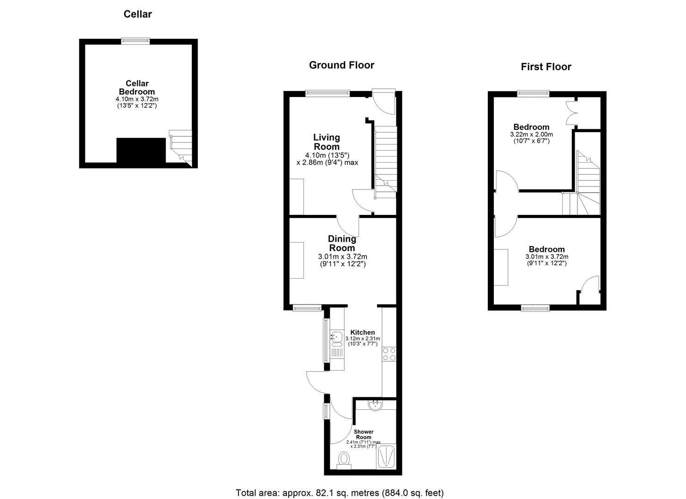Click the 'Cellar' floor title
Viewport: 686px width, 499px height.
(x=138, y=14)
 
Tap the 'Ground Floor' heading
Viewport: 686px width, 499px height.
(x=341, y=65)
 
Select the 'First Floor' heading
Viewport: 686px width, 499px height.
(x=546, y=67)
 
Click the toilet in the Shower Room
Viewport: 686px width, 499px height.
(x=344, y=460)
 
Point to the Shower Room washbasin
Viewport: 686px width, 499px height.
(x=376, y=406)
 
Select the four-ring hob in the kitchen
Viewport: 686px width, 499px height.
(x=389, y=354)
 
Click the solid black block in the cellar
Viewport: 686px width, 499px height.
(x=141, y=150)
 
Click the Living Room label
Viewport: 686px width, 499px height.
(x=327, y=142)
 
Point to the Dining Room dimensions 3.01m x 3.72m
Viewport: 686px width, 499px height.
(x=342, y=257)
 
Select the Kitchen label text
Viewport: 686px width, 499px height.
(x=363, y=332)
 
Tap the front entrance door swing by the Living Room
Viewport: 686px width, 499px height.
(x=383, y=102)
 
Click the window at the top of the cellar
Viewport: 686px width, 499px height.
(x=135, y=41)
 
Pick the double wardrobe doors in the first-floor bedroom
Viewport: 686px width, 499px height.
(x=571, y=113)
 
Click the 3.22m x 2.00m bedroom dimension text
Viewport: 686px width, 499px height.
(x=531, y=134)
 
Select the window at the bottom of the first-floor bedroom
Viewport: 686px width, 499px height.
(x=535, y=308)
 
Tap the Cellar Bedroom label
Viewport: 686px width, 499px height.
(x=137, y=88)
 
